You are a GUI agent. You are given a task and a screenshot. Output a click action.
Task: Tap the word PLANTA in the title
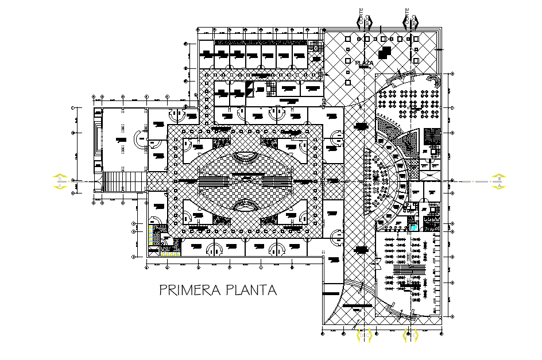[x=251, y=290]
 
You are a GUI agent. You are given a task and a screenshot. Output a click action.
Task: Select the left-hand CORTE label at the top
[x=362, y=19]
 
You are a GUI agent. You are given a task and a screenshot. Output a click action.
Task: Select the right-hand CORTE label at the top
[x=408, y=19]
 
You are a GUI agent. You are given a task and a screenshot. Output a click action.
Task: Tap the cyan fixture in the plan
[x=414, y=227]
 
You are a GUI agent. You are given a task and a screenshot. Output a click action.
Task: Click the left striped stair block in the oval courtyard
[x=214, y=181]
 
